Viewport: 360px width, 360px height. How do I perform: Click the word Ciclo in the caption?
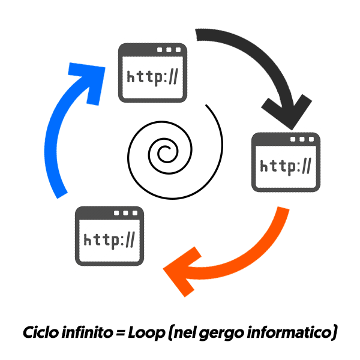tap(40, 331)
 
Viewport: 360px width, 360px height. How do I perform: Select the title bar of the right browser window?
tap(285, 139)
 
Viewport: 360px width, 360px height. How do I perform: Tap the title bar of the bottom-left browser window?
tap(109, 213)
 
